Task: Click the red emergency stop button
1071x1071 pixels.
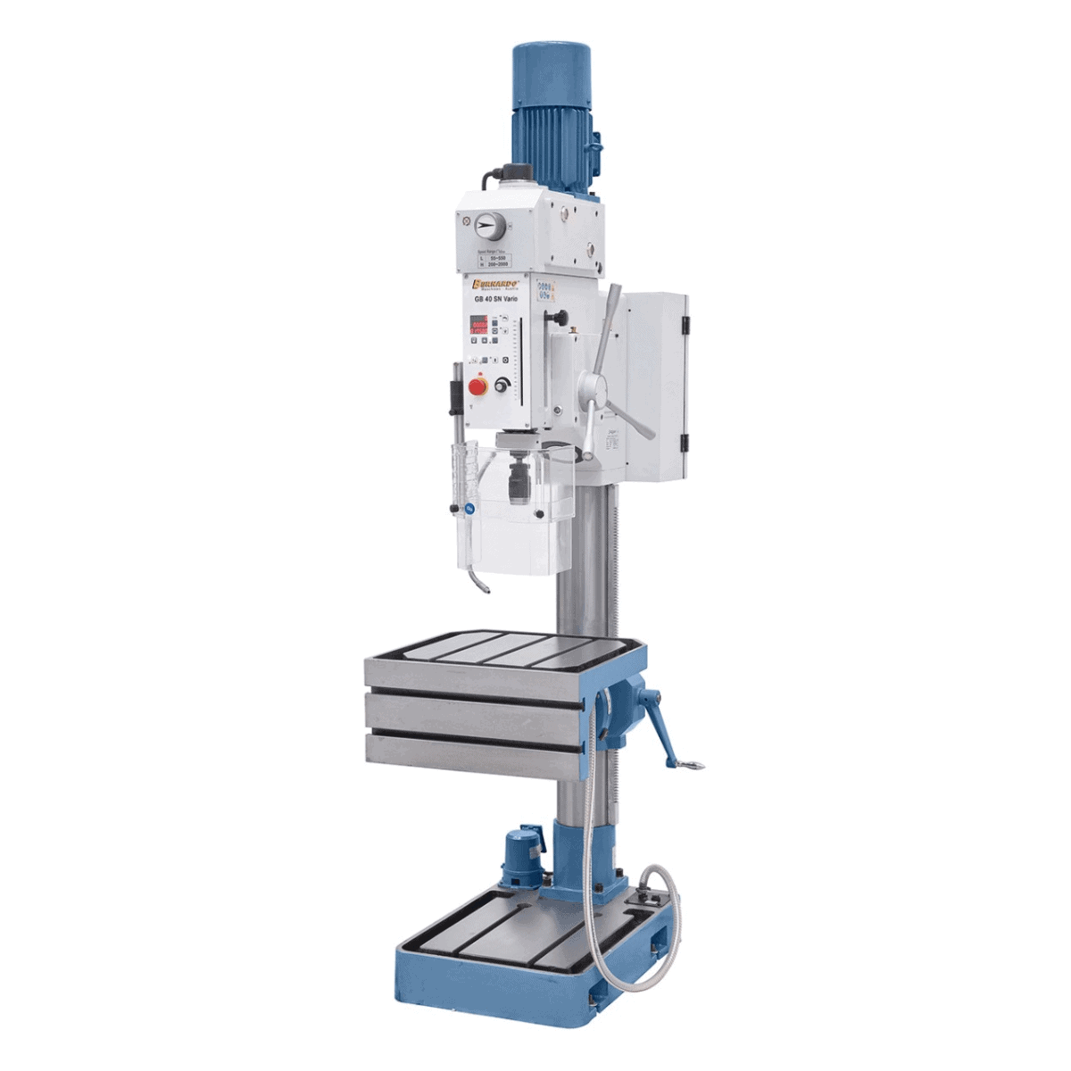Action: click(478, 386)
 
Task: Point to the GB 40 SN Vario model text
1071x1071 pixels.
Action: click(496, 300)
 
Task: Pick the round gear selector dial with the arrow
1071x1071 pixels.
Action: click(486, 228)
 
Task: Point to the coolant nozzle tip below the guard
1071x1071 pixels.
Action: click(487, 588)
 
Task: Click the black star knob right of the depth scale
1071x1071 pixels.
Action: click(561, 318)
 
